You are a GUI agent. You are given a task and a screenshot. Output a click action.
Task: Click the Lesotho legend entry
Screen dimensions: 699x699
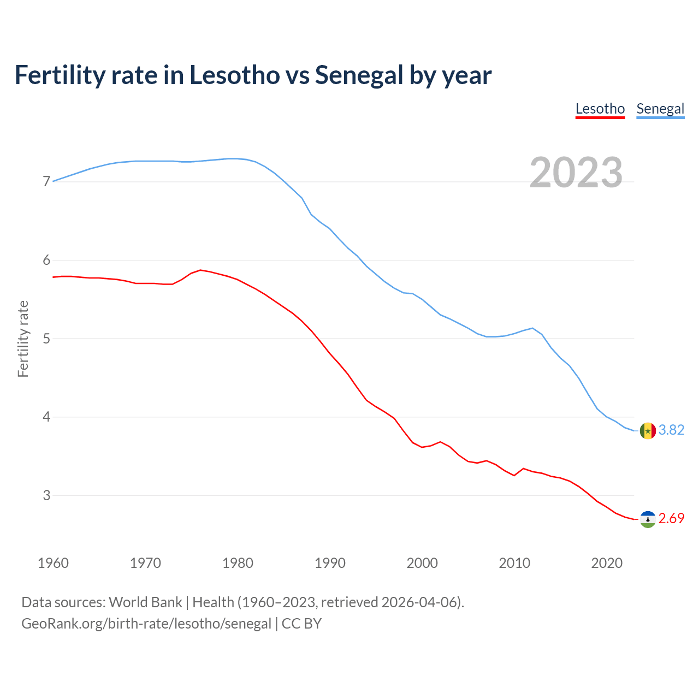600,109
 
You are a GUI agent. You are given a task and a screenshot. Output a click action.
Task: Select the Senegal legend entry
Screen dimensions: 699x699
660,109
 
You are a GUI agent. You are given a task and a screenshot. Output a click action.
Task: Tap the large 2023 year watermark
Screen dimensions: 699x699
576,173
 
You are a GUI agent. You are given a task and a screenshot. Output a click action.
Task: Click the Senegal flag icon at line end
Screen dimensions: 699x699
648,430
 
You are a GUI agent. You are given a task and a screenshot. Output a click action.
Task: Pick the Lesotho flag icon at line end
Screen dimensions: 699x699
648,519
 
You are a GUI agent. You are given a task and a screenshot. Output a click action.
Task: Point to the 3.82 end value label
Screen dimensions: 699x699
671,430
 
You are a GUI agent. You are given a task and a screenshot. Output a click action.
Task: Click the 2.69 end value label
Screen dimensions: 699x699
671,519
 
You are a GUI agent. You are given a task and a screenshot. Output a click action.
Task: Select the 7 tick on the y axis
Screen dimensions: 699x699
46,181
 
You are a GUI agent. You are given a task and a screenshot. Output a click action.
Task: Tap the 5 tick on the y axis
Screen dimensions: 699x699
46,339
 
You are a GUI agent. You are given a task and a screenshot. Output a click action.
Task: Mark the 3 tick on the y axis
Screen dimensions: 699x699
46,495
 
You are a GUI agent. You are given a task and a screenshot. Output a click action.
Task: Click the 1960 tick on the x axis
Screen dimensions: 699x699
53,563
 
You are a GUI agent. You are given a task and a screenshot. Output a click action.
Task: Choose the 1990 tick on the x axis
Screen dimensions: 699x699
330,563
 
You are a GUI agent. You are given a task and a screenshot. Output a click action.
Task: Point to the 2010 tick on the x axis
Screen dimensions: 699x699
514,563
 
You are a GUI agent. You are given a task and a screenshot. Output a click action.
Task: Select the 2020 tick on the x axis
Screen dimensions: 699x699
607,563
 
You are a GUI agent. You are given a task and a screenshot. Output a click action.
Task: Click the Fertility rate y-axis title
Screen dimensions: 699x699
23,339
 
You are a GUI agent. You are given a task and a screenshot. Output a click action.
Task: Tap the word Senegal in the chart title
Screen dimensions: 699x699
359,75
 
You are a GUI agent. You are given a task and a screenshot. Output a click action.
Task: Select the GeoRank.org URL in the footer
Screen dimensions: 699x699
146,624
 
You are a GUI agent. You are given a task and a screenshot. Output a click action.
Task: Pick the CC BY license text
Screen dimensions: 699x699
301,624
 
